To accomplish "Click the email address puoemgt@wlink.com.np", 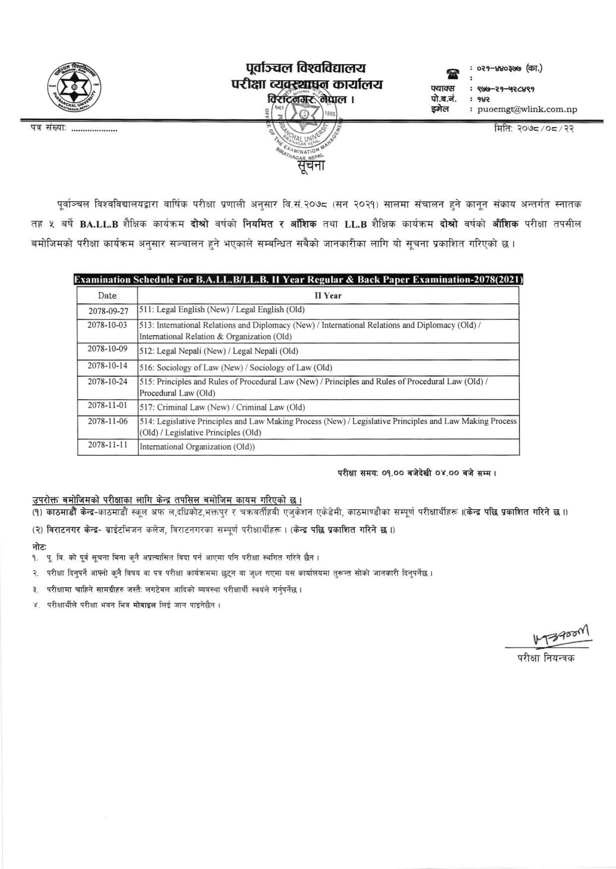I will point(527,110).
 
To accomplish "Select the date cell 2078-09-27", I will point(108,311).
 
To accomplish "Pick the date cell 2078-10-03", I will point(108,325).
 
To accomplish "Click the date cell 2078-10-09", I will point(108,349).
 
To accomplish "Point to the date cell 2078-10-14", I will point(108,366).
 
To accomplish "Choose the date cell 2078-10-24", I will point(108,382).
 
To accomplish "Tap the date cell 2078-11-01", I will point(108,406).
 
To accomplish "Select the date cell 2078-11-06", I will point(108,421).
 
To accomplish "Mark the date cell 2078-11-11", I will point(108,445).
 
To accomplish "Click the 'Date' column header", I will point(107,296).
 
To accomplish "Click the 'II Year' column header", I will point(328,296).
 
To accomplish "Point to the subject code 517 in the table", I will point(146,407).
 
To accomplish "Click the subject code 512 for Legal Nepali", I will point(146,351).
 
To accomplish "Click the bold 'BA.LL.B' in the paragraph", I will point(99,224).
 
